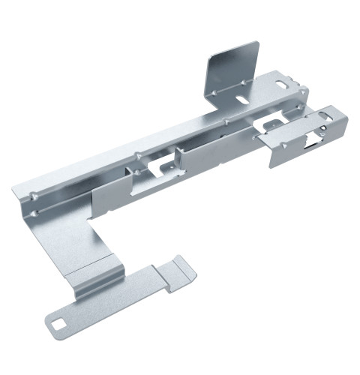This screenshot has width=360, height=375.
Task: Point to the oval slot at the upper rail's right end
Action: [286, 83]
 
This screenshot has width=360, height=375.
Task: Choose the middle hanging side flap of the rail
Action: [202, 154]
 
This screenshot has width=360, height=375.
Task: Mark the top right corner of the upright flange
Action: [258, 43]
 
